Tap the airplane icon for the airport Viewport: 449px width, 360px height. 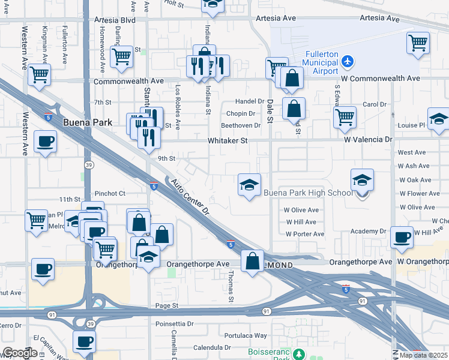tap(348, 61)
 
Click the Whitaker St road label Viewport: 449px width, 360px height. tap(228, 140)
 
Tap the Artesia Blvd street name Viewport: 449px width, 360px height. tap(115, 20)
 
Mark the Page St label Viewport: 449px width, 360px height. tap(167, 305)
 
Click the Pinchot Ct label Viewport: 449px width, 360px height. tap(109, 193)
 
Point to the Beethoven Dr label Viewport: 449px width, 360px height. tap(241, 125)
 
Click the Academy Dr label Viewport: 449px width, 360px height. tap(369, 231)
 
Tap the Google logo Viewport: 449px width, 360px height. tap(20, 353)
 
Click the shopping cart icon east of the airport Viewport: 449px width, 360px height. tap(418, 43)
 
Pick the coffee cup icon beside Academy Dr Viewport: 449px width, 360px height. tap(402, 236)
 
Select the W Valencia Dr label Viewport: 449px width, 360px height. tap(368, 139)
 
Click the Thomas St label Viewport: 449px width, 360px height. tap(231, 281)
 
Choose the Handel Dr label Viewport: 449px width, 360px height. tap(250, 101)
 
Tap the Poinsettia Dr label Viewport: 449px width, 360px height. tap(174, 323)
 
